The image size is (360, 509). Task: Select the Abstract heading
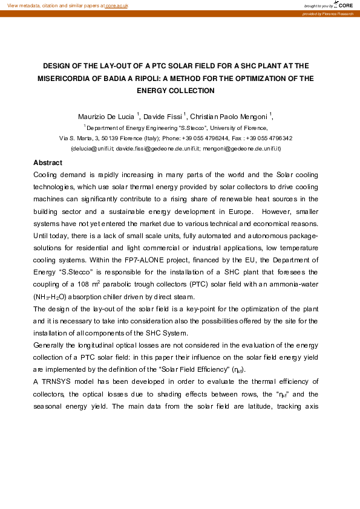point(48,163)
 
